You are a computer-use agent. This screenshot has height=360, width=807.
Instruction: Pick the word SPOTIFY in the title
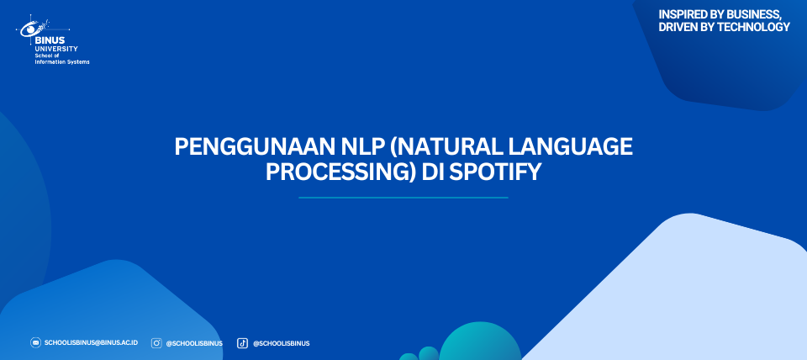(495, 172)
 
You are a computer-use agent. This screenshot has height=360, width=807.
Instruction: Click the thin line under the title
(403, 198)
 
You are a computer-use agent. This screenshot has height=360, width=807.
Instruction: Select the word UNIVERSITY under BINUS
(56, 49)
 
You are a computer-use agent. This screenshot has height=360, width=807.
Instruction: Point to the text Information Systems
(61, 61)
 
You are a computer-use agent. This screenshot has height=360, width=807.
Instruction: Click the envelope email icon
(35, 343)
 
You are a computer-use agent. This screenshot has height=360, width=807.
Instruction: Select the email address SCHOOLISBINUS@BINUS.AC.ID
(91, 343)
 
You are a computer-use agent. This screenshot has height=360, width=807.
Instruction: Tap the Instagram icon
(156, 343)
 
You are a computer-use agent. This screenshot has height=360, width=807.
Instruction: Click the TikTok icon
(242, 343)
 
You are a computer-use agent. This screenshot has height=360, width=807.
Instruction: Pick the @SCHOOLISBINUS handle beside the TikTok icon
(281, 343)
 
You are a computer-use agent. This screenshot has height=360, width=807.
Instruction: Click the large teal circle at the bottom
(480, 342)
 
